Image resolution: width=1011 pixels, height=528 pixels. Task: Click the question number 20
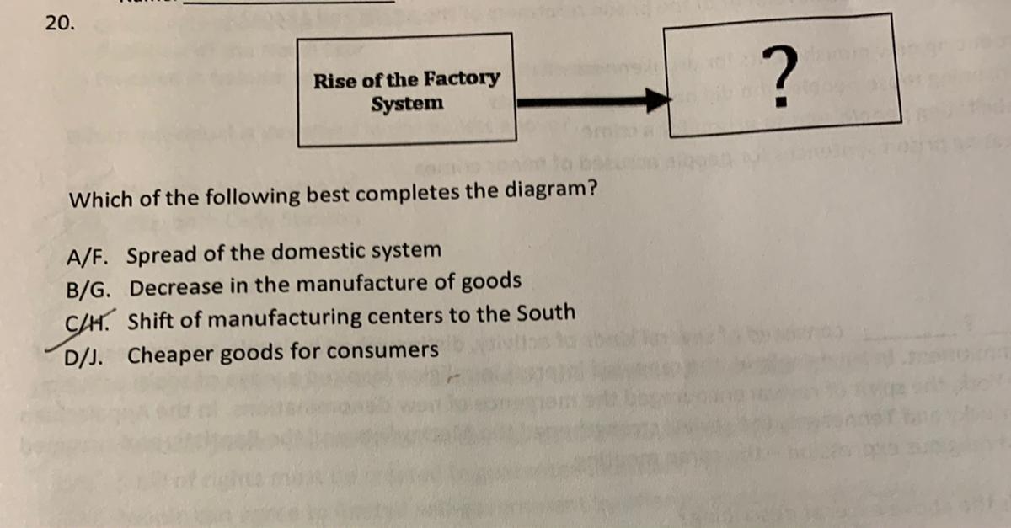point(58,24)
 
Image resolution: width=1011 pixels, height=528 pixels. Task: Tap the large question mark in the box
point(783,77)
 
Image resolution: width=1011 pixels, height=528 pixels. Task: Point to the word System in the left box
point(407,104)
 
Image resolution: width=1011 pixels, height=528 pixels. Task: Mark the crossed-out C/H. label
point(88,322)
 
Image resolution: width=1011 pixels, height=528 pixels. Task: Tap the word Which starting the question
point(94,200)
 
